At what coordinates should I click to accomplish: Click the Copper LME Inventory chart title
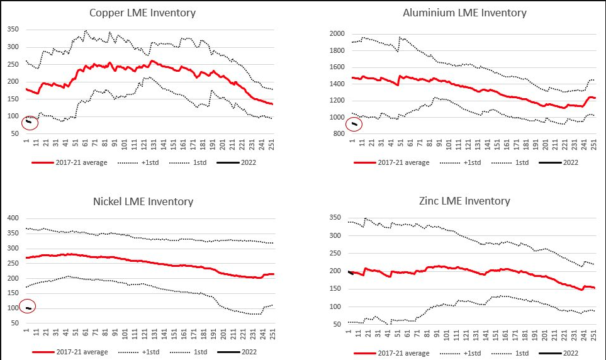coord(142,13)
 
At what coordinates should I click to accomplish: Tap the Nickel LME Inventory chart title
coord(142,201)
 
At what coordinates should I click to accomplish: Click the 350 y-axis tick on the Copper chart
coord(13,30)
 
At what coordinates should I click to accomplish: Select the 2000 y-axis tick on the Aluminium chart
coord(337,34)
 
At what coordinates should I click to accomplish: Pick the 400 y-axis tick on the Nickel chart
coord(13,218)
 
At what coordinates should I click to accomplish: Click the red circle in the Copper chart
coord(30,122)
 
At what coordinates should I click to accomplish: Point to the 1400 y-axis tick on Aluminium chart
coord(337,84)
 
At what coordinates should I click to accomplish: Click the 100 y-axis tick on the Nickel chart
coord(13,308)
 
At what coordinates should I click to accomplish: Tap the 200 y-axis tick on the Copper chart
coord(13,82)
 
